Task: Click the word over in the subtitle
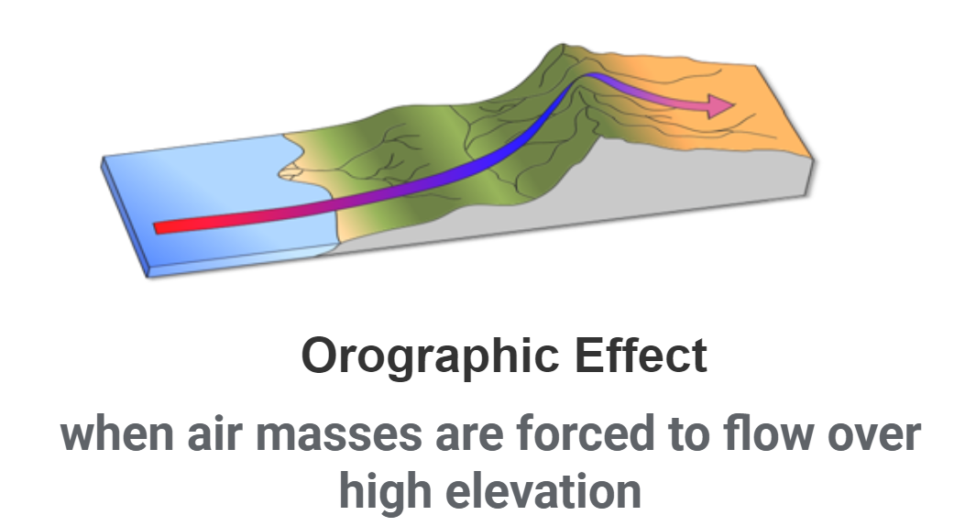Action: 872,433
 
